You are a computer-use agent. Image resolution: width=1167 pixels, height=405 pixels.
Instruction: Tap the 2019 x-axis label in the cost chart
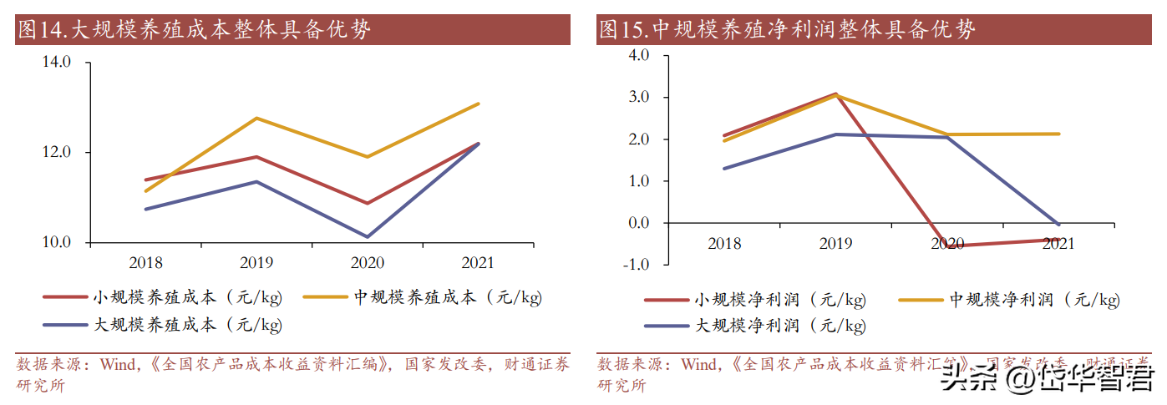pos(256,263)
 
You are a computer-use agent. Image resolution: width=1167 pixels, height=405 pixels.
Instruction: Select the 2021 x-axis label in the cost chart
pos(477,263)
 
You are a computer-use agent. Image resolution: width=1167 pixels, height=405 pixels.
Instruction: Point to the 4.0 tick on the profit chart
pos(638,55)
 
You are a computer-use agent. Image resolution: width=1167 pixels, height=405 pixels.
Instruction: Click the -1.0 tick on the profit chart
pos(636,265)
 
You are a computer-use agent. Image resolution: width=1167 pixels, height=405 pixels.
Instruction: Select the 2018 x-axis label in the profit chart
pos(724,244)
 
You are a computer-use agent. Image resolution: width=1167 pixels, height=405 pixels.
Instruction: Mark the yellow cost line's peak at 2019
pos(256,118)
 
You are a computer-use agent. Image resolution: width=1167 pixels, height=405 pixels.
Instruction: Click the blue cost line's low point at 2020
pos(367,236)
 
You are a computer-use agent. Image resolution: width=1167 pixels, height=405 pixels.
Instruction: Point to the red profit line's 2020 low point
pos(947,246)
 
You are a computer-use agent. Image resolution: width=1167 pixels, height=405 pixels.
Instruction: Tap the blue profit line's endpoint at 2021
pos(1058,225)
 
